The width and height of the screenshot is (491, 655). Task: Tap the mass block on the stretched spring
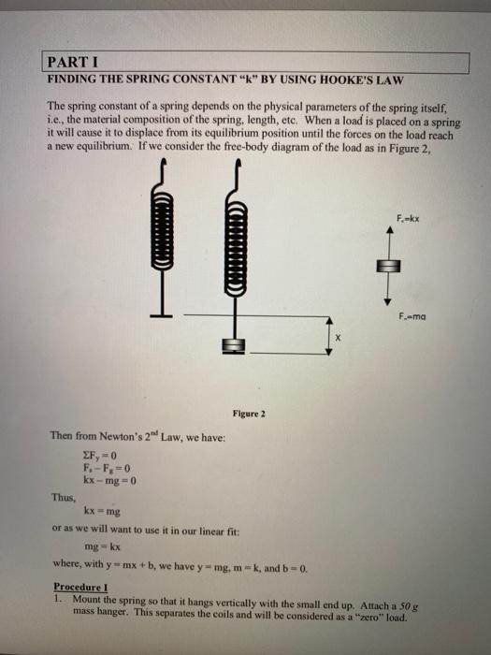tap(233, 346)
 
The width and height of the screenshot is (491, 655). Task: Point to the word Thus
tap(64, 500)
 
